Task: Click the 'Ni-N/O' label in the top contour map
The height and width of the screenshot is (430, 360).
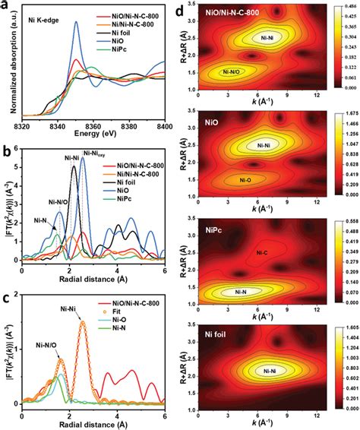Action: tap(236, 71)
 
